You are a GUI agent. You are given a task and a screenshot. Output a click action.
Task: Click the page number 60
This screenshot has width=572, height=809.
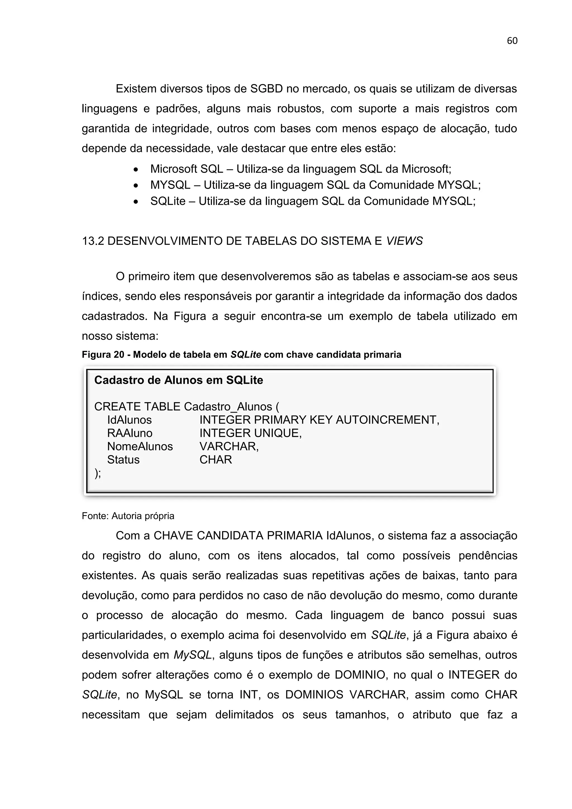click(x=512, y=41)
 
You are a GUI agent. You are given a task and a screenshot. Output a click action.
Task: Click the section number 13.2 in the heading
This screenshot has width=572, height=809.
click(x=93, y=241)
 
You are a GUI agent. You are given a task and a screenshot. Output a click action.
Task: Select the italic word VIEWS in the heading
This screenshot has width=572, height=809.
click(x=404, y=241)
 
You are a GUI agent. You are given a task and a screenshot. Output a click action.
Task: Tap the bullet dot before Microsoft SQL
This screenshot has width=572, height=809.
click(x=136, y=170)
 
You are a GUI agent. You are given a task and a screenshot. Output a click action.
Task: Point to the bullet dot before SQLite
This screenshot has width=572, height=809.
click(x=136, y=201)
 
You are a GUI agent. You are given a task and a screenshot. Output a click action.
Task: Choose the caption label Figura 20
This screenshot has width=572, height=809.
click(x=103, y=354)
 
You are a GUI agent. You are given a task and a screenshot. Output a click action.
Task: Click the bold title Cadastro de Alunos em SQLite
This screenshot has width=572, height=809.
click(x=178, y=380)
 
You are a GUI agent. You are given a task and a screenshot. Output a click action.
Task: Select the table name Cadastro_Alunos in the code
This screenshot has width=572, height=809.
click(x=228, y=407)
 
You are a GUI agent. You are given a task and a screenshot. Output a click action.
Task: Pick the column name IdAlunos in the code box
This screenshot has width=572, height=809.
click(x=129, y=420)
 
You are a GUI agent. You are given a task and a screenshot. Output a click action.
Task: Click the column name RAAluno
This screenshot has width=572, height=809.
click(x=130, y=433)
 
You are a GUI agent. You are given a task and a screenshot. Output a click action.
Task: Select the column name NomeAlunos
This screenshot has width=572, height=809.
click(x=140, y=446)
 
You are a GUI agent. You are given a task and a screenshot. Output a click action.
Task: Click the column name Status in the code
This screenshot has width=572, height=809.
click(x=123, y=460)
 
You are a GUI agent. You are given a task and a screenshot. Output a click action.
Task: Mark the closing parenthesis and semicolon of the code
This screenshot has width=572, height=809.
click(x=97, y=473)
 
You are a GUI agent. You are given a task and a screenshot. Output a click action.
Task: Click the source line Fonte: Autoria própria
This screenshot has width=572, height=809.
click(x=128, y=516)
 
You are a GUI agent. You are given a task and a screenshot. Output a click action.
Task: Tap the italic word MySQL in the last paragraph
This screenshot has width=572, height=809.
click(x=193, y=655)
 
